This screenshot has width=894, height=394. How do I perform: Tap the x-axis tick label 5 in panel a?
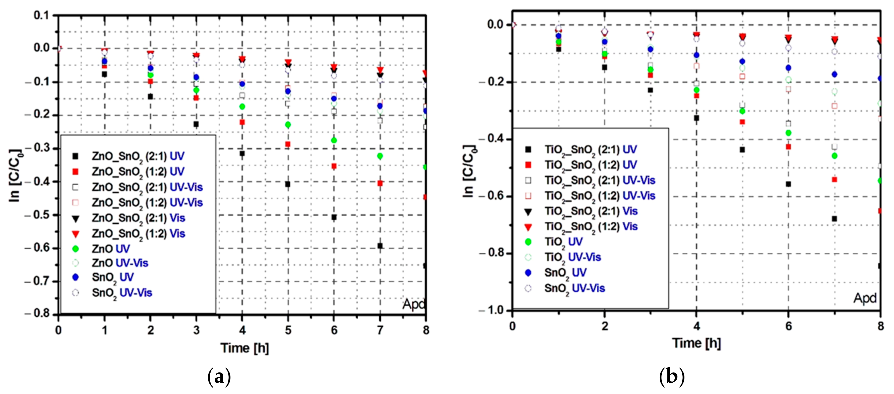(288, 330)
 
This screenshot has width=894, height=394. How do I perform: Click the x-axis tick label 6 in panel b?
(789, 326)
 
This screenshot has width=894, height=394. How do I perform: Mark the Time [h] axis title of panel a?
(245, 348)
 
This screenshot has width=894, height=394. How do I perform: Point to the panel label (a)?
(219, 377)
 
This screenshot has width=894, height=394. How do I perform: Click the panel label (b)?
(672, 377)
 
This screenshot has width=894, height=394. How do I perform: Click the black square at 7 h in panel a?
(380, 246)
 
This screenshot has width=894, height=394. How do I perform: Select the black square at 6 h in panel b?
(789, 184)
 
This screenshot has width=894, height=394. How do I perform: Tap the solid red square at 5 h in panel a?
(288, 144)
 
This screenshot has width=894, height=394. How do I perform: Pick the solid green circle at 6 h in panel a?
(334, 140)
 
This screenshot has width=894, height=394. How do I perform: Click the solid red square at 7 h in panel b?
(834, 179)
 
